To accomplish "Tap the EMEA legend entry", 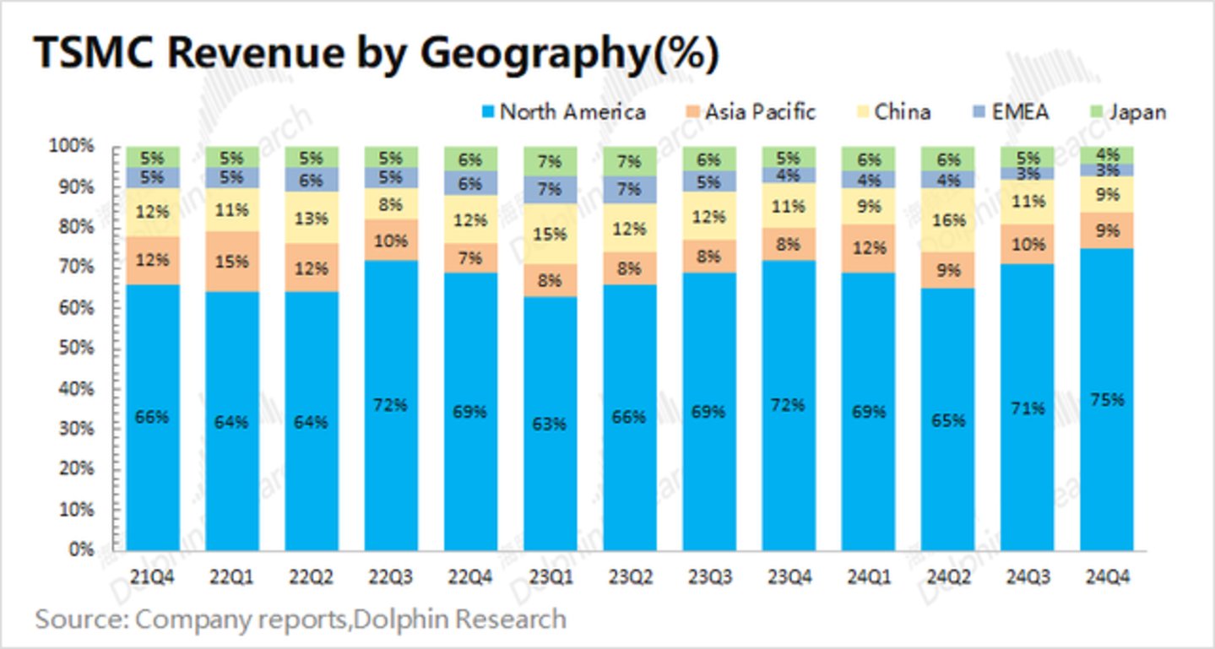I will [x=1019, y=112].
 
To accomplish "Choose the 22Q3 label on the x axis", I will [x=391, y=577].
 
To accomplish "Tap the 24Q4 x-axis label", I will [x=1107, y=577].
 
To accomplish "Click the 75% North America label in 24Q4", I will [x=1107, y=400].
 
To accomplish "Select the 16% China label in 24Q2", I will [x=947, y=220].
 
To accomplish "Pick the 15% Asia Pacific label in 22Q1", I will [x=231, y=262].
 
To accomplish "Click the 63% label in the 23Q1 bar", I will [x=550, y=423].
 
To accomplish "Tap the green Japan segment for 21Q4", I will [x=152, y=157].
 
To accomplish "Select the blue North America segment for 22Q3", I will [x=391, y=473].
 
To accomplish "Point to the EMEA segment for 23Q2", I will [x=629, y=189].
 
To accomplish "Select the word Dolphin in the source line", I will [x=399, y=620].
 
